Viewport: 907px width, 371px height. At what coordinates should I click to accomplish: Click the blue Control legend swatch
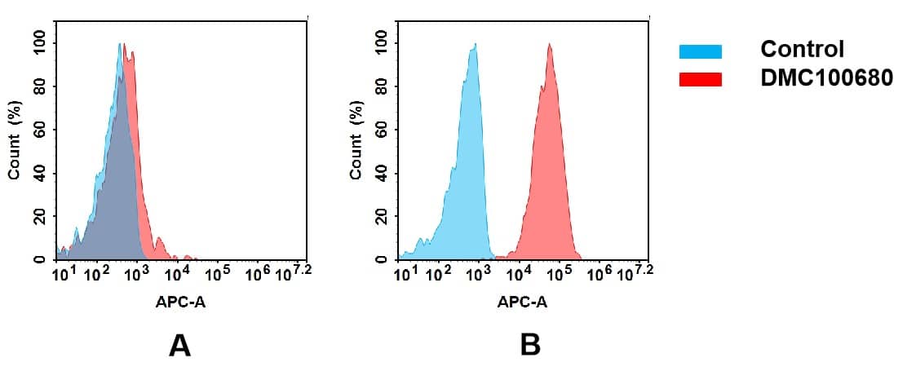pos(700,51)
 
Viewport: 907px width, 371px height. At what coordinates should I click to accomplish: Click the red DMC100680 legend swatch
pos(700,79)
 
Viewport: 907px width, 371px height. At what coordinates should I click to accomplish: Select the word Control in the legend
pos(802,49)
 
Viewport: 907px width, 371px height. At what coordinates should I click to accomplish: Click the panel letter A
pos(179,346)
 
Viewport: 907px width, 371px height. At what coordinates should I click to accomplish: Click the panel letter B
pos(530,346)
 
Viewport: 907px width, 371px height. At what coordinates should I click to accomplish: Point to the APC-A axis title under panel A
pos(180,303)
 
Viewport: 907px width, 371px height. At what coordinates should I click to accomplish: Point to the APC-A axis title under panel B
pos(522,303)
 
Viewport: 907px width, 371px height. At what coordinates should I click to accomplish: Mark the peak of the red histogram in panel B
pos(550,46)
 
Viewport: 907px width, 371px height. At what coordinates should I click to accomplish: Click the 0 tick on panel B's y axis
pos(381,259)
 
